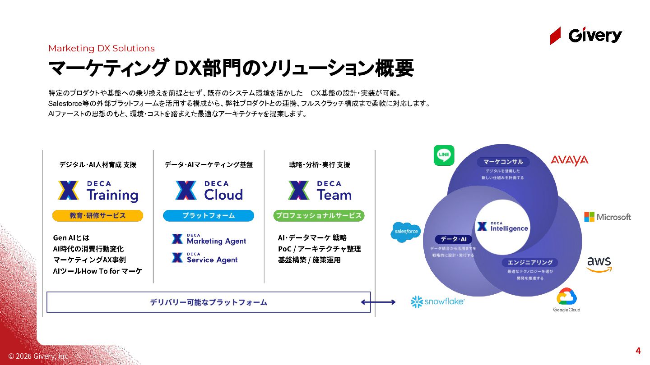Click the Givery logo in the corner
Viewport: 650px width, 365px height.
click(586, 36)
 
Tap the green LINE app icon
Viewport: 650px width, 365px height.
click(444, 155)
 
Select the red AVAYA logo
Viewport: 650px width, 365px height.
click(569, 160)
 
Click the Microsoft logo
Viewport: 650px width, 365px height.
click(608, 217)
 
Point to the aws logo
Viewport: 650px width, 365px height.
click(599, 264)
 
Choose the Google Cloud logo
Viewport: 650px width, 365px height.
click(567, 300)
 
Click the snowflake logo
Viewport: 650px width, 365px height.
click(437, 301)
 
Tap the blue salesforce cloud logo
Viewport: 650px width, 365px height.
click(405, 232)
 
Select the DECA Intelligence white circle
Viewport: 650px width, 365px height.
click(502, 227)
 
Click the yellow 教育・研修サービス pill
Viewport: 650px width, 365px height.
click(97, 216)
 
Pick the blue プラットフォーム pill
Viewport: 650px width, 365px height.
click(209, 216)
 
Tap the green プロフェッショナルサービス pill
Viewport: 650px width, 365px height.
click(319, 216)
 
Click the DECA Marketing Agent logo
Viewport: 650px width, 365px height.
click(209, 239)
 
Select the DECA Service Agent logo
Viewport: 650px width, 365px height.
click(204, 258)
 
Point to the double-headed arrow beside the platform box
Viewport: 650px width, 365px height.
click(378, 302)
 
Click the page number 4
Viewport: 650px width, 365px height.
click(638, 351)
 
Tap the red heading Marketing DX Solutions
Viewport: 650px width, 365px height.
click(102, 49)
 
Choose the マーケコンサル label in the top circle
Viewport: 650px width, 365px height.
click(503, 162)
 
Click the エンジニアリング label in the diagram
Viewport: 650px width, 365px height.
click(530, 262)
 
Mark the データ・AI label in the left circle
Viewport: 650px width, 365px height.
click(453, 239)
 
